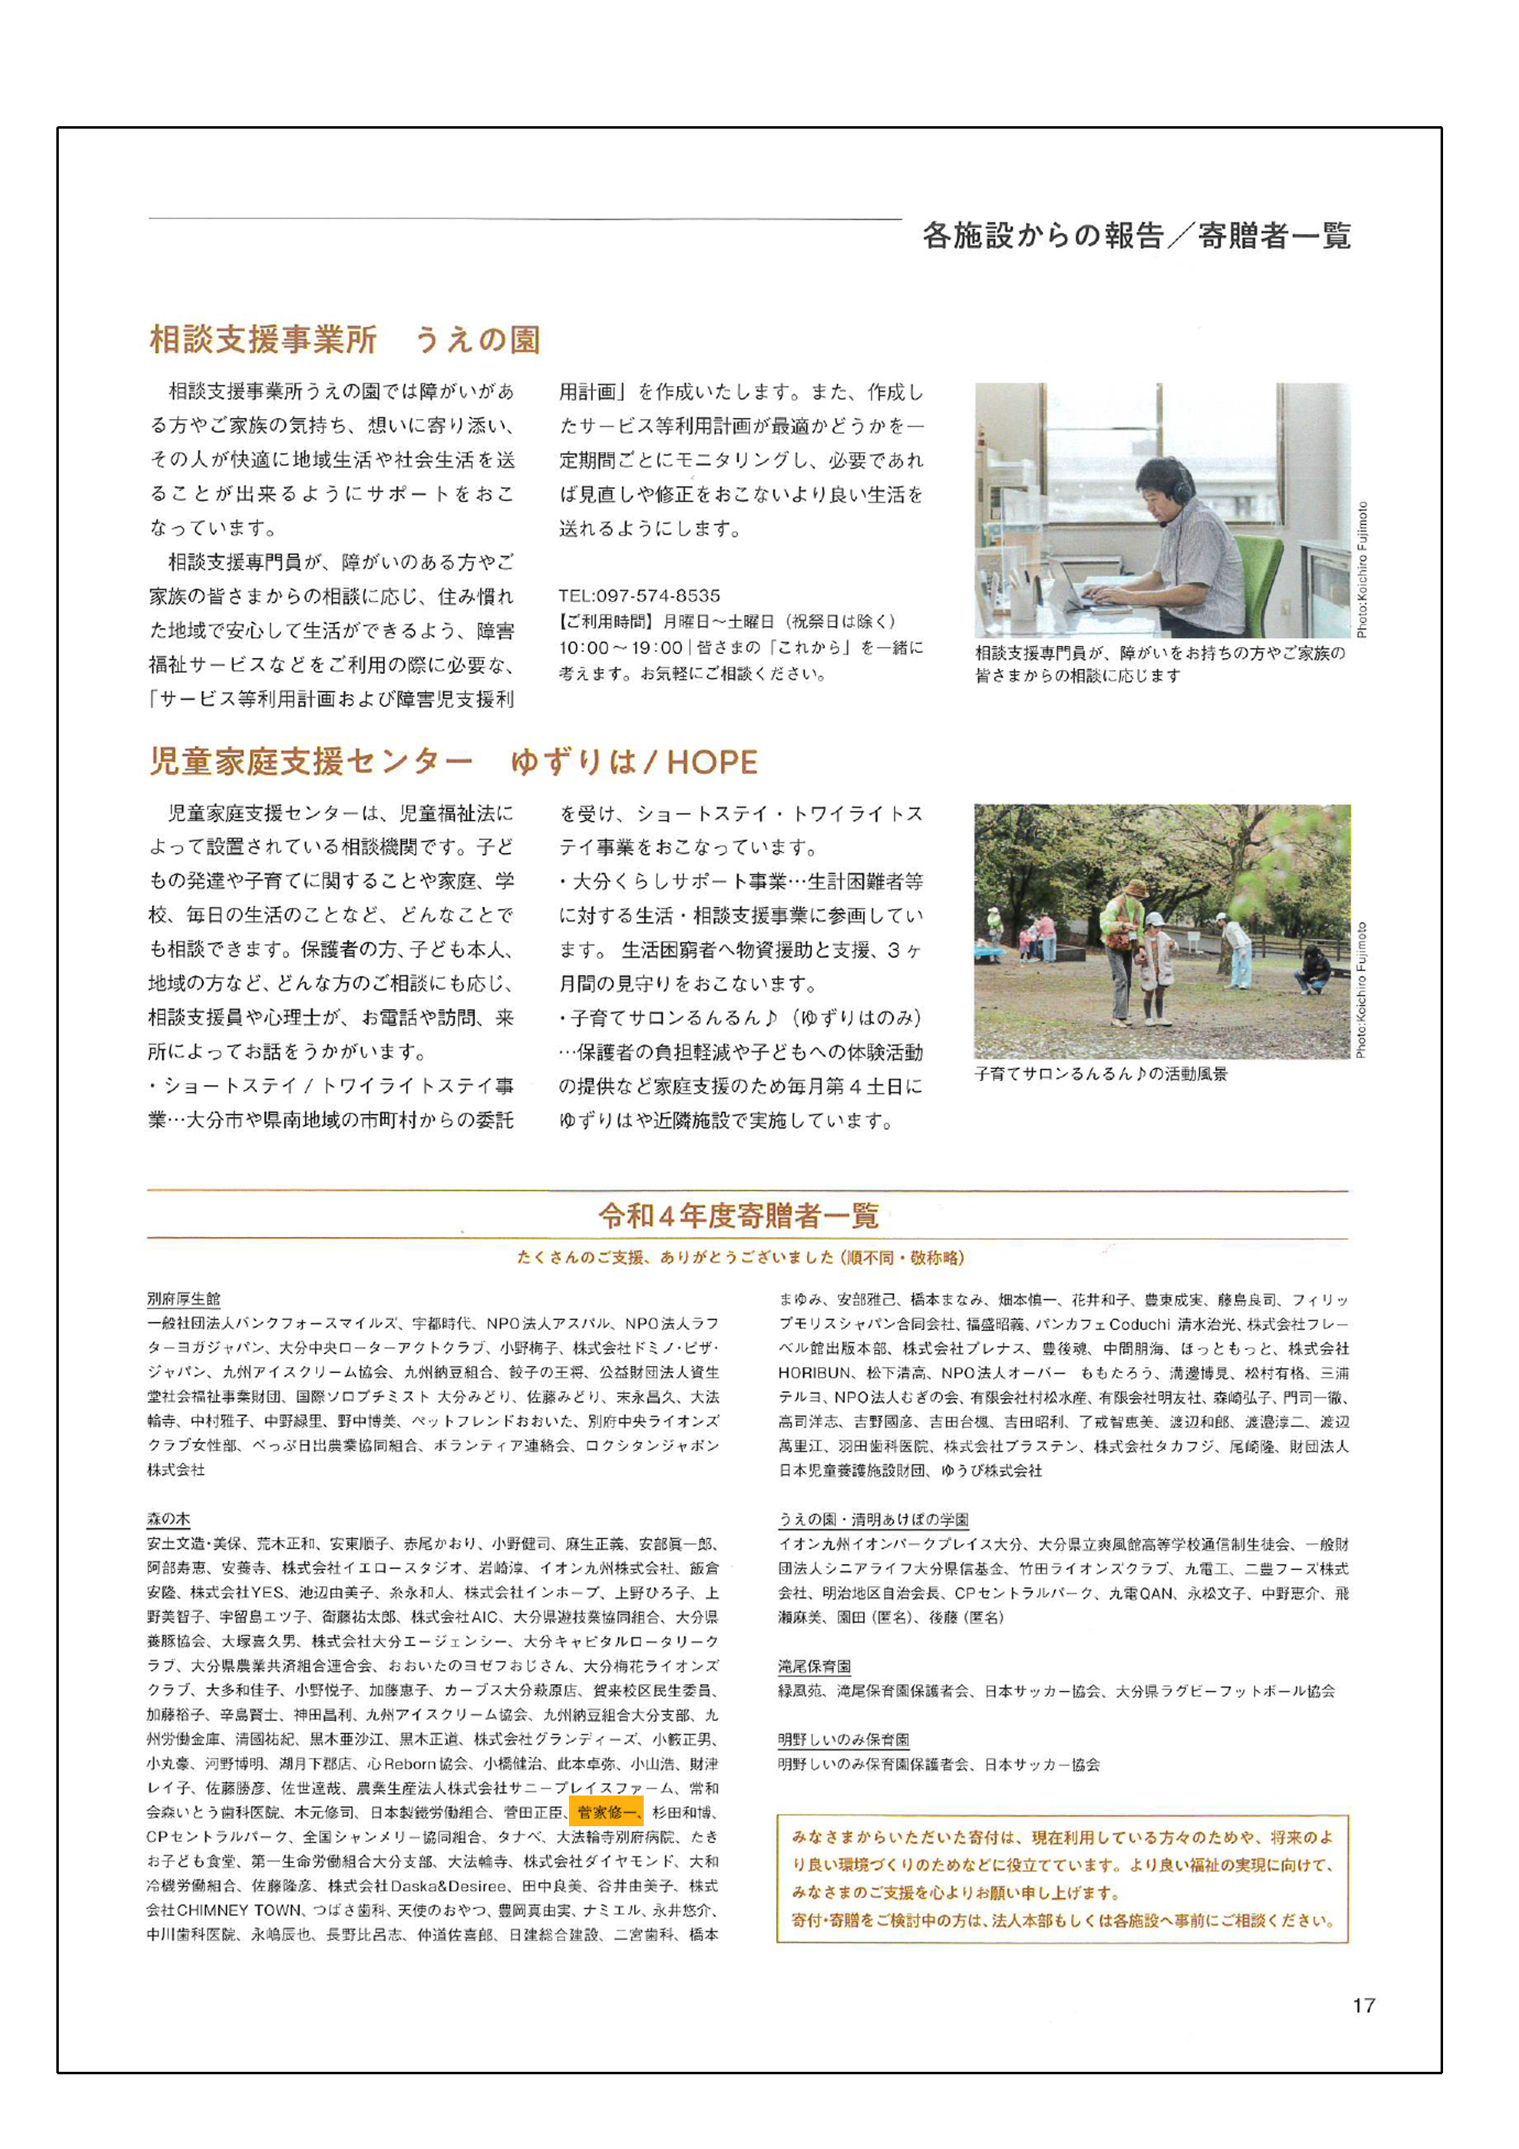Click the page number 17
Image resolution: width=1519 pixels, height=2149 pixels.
[x=1363, y=2005]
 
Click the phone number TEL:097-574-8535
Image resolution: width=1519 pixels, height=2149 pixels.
[x=639, y=595]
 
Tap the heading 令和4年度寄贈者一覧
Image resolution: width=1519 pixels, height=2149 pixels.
[x=739, y=1216]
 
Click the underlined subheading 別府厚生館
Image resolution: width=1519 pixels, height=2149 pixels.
[x=183, y=1298]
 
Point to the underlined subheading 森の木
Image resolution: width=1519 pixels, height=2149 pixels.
[x=168, y=1518]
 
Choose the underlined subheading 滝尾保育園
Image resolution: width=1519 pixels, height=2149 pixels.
[x=814, y=1666]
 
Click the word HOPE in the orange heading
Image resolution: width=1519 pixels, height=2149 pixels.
[x=712, y=763]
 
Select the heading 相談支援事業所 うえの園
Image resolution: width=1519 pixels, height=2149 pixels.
[x=344, y=339]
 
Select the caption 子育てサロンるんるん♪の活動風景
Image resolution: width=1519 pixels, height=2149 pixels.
[x=1101, y=1073]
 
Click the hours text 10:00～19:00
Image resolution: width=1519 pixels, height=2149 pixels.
[x=620, y=648]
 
